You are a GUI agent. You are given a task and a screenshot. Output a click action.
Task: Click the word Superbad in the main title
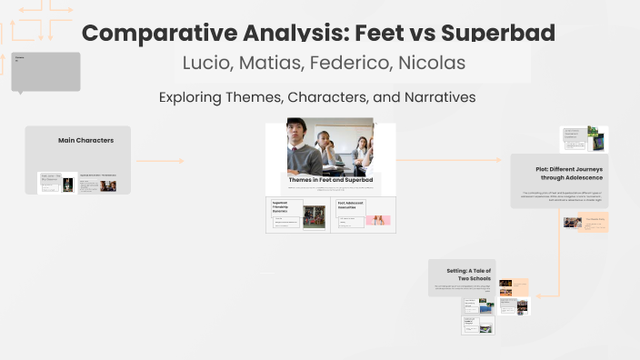(x=497, y=34)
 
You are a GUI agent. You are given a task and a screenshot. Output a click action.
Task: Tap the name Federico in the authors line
(x=352, y=64)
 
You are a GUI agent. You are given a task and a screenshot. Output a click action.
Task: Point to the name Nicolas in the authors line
(x=432, y=64)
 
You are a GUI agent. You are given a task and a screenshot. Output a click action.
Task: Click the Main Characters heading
(x=85, y=140)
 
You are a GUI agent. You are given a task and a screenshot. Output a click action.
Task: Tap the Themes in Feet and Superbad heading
(x=330, y=180)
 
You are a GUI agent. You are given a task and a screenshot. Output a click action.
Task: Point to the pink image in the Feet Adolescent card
(x=376, y=220)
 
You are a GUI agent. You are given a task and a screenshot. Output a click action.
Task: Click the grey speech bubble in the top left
(x=45, y=71)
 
